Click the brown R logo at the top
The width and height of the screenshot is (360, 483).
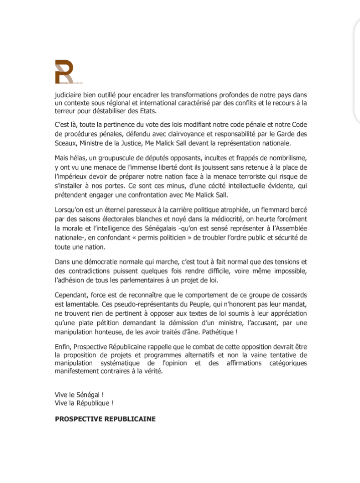pyautogui.click(x=64, y=72)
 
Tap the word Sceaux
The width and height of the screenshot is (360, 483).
pyautogui.click(x=65, y=142)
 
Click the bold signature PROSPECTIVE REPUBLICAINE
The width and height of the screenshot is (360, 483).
pyautogui.click(x=105, y=419)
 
